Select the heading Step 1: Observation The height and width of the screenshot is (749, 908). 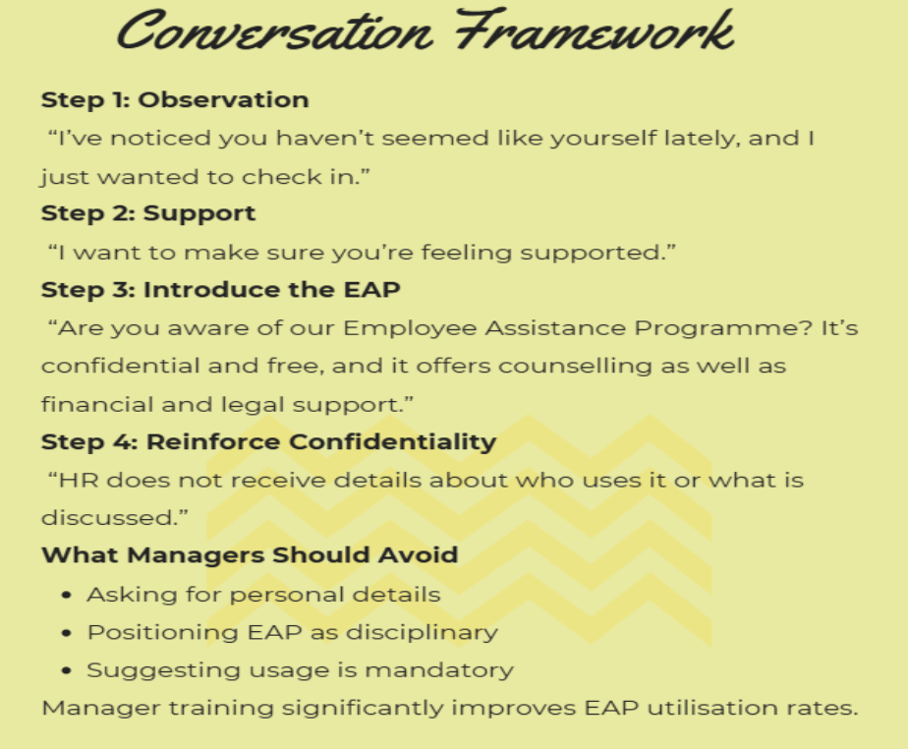175,99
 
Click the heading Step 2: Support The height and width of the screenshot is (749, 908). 148,213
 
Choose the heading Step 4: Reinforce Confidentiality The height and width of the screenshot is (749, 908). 268,441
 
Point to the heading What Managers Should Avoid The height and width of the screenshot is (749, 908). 250,554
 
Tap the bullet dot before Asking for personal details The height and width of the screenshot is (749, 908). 67,596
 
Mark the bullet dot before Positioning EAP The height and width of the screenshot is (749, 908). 67,633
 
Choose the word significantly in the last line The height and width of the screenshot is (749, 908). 280,708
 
